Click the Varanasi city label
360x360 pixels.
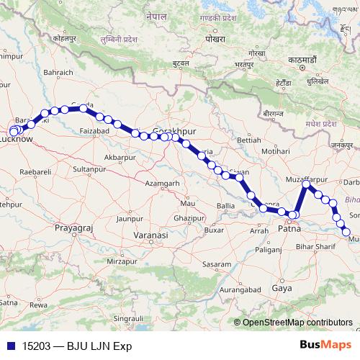click(x=153, y=235)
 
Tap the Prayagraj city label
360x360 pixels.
click(x=75, y=228)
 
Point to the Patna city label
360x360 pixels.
click(x=289, y=230)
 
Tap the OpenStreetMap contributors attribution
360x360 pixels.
click(x=297, y=323)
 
